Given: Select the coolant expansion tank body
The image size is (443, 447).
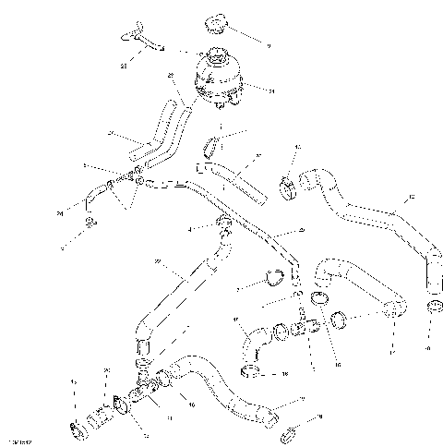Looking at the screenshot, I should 219,79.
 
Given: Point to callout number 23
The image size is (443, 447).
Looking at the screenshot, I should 124,66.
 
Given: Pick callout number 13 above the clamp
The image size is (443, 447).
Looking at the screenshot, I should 297,147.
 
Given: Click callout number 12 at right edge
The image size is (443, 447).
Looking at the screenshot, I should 412,197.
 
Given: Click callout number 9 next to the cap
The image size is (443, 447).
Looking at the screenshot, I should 269,44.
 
